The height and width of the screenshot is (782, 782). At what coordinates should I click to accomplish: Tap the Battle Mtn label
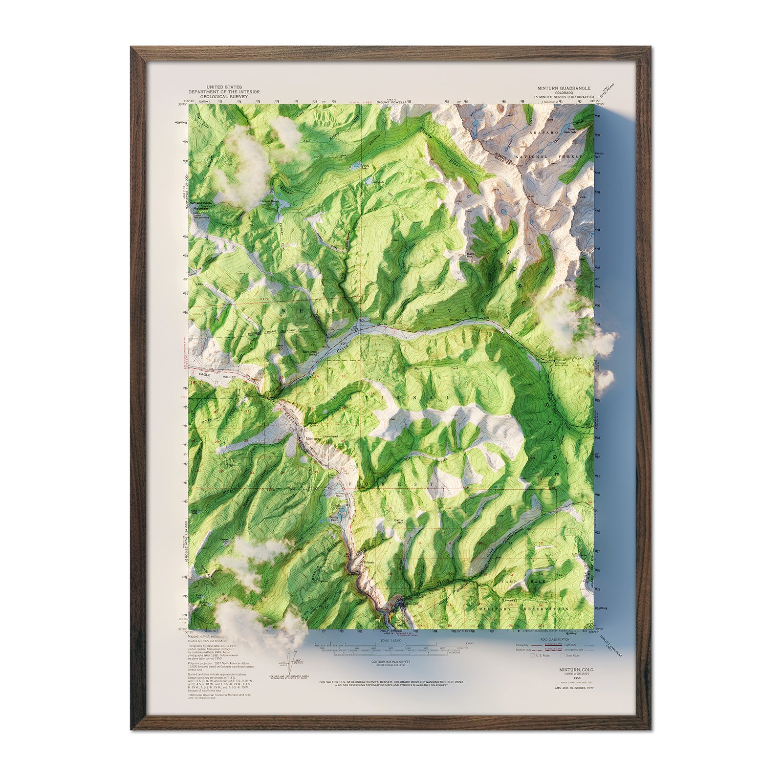click(x=399, y=521)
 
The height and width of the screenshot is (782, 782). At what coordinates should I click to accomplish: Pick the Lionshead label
click(x=330, y=435)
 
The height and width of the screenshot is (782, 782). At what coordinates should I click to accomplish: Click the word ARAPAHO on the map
click(x=545, y=132)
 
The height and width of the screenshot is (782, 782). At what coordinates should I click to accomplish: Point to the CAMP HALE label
click(x=516, y=583)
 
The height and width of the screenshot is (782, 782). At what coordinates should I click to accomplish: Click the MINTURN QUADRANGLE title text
click(x=564, y=88)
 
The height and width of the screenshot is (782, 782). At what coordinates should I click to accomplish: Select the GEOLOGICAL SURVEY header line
click(x=224, y=97)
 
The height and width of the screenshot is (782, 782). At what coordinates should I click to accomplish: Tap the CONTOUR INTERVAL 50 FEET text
click(x=391, y=661)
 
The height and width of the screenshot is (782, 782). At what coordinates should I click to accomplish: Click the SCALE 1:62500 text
click(x=391, y=640)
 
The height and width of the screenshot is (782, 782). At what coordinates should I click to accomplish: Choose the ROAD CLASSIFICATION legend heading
click(x=555, y=639)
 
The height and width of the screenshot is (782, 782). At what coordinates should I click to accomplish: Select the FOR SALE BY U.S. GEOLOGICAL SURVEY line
click(x=391, y=681)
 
